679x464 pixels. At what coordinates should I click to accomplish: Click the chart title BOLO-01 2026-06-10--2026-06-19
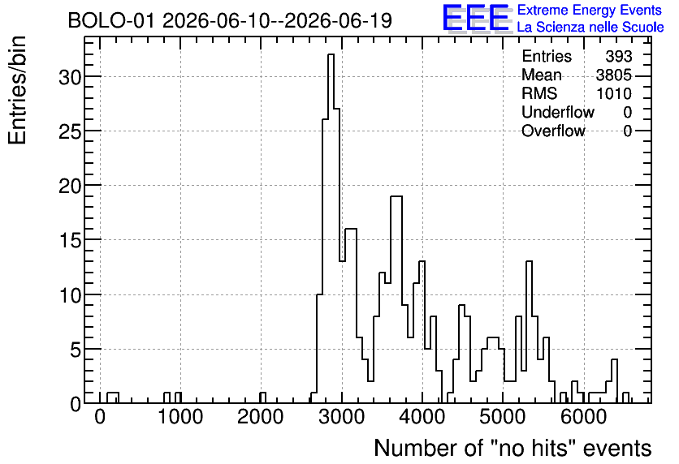click(230, 20)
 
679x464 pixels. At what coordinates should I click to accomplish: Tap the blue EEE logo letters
click(476, 17)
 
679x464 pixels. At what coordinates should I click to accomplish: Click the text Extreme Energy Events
click(590, 10)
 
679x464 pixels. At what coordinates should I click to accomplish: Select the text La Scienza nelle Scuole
click(590, 28)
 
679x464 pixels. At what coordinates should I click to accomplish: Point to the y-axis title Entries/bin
click(18, 90)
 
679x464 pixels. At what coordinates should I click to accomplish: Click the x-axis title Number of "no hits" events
click(512, 448)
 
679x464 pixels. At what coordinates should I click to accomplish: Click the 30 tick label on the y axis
click(70, 77)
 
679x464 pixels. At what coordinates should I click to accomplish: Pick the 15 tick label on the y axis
click(70, 240)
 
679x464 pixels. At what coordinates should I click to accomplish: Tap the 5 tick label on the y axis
click(76, 350)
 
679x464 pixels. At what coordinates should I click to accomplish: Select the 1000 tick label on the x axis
click(180, 417)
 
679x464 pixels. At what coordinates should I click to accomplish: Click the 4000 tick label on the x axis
click(422, 417)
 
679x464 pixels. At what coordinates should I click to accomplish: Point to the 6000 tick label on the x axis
click(584, 417)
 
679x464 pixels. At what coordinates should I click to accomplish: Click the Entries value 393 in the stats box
click(619, 56)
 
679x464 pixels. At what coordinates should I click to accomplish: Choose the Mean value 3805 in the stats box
click(613, 75)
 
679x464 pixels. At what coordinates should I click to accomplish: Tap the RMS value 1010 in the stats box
click(614, 93)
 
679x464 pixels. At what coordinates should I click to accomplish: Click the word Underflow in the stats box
click(558, 112)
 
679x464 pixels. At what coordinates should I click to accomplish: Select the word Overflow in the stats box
click(553, 131)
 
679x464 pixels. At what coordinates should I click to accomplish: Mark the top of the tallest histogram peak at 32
click(331, 54)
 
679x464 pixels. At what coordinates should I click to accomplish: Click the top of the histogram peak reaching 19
click(396, 196)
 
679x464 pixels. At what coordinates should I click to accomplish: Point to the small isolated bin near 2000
click(263, 397)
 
